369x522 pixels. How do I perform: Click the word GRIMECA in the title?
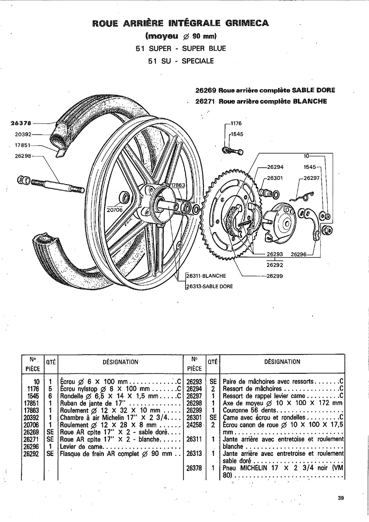pyautogui.click(x=247, y=23)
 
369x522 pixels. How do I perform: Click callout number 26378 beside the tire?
pyautogui.click(x=21, y=124)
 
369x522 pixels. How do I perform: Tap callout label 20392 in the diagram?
pyautogui.click(x=22, y=134)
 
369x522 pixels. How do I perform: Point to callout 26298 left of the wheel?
pyautogui.click(x=23, y=156)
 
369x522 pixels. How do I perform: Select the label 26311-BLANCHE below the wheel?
pyautogui.click(x=206, y=276)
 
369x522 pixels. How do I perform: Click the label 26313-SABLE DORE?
pyautogui.click(x=209, y=286)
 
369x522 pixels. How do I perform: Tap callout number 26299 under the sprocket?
pyautogui.click(x=275, y=276)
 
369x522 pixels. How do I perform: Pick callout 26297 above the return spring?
pyautogui.click(x=312, y=178)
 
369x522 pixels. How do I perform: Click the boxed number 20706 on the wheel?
pyautogui.click(x=115, y=210)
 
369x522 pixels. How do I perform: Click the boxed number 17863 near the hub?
pyautogui.click(x=178, y=185)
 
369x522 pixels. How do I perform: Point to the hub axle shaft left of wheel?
pyautogui.click(x=57, y=185)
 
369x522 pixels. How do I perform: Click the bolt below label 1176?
pyautogui.click(x=233, y=151)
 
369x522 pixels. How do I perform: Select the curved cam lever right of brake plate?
pyautogui.click(x=310, y=222)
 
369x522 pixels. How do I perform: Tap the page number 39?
pyautogui.click(x=341, y=498)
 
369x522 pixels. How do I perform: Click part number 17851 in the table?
pyautogui.click(x=31, y=403)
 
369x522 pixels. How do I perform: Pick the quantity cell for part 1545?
pyautogui.click(x=50, y=396)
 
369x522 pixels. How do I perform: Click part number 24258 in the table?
pyautogui.click(x=194, y=425)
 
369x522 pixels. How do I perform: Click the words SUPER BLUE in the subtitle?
pyautogui.click(x=204, y=48)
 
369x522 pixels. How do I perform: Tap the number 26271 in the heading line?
pyautogui.click(x=205, y=102)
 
